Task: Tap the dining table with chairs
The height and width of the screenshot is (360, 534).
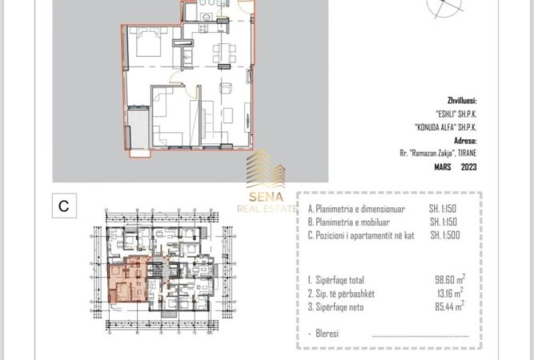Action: coord(223,54)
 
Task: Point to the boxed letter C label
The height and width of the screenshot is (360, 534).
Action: coord(63,206)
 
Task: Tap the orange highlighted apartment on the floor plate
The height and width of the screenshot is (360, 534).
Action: coord(128,281)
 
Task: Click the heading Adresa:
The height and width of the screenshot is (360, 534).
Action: coord(464,138)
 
